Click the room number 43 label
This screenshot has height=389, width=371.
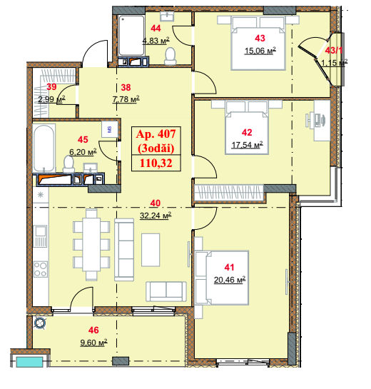coord(260,39)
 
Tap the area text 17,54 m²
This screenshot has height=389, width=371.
coord(247,145)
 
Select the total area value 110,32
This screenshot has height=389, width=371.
coord(156,163)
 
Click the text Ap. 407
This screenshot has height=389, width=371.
coord(156,134)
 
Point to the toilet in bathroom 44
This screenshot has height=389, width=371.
coord(171,56)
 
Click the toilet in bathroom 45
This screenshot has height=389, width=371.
coord(68,163)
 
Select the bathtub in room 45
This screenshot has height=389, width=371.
coord(44,148)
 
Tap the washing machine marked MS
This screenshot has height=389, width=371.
coord(110,129)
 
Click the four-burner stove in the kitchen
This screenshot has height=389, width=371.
coord(41,269)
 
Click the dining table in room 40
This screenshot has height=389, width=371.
coord(91,244)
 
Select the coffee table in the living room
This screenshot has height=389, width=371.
coord(151,250)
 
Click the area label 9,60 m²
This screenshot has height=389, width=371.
coord(93,343)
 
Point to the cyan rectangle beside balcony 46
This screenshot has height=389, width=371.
coord(29,362)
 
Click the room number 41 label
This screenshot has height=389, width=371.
coord(229,267)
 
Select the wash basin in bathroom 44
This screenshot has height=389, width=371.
coord(167,16)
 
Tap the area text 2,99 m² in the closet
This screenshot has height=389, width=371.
coord(51,99)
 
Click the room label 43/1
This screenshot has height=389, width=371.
coord(334,51)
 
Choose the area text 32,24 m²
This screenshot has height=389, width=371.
coord(156,216)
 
